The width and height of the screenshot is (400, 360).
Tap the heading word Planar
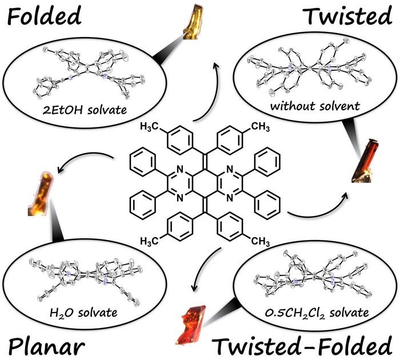[47, 346]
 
